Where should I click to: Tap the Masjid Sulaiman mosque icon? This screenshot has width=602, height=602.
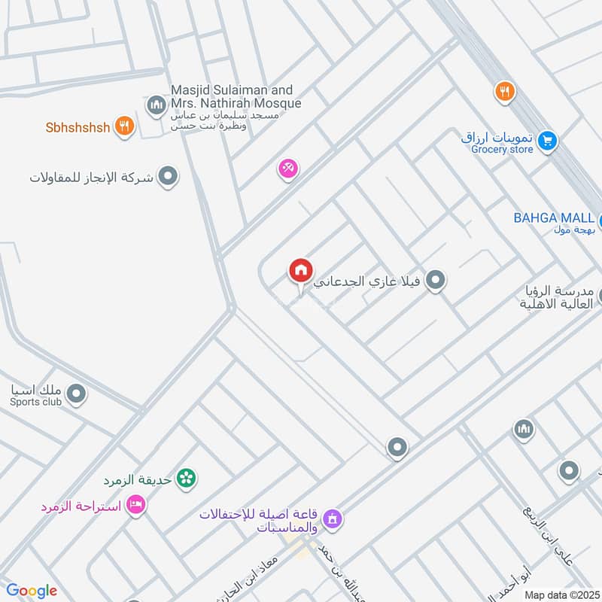pos(157,104)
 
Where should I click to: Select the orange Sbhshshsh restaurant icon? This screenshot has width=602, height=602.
pos(125,126)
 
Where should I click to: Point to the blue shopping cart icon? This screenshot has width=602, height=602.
pos(547,139)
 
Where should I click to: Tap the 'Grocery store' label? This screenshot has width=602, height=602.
pos(502,150)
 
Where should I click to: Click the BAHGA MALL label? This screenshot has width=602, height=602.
pos(554,218)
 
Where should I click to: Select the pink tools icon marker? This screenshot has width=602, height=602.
pos(288,169)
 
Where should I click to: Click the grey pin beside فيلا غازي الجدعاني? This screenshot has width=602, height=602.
pos(434,281)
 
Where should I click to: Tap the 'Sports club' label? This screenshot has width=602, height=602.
pos(35,402)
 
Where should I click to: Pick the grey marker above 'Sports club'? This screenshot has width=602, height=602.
pos(76,393)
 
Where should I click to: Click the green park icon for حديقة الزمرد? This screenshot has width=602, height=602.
pos(187,477)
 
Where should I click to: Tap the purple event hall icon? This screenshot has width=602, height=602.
pos(332,518)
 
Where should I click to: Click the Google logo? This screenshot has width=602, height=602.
pos(32,591)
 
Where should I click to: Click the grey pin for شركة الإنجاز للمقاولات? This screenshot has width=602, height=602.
pos(168,177)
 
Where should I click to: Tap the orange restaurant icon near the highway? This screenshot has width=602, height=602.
pos(504,93)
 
